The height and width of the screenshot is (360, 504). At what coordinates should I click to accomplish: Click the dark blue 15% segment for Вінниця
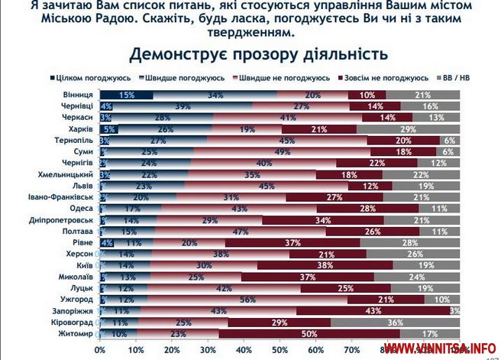point(126,95)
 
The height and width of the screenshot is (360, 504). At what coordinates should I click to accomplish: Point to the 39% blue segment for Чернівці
point(183,106)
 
